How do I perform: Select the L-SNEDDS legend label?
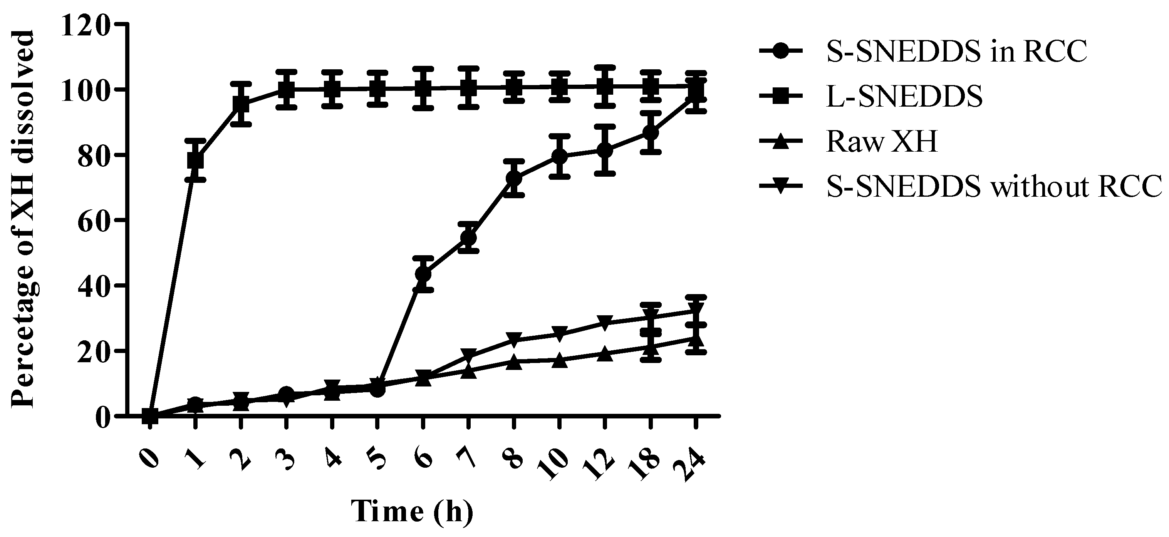pos(904,96)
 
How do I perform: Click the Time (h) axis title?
pos(412,512)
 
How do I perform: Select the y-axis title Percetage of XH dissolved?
pos(23,219)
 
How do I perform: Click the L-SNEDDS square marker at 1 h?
pos(196,160)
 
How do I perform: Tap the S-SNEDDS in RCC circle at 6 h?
pos(423,274)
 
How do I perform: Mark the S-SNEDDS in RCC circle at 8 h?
pos(514,178)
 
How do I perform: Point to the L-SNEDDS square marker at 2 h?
pos(241,105)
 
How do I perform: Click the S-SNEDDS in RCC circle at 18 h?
pos(650,133)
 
